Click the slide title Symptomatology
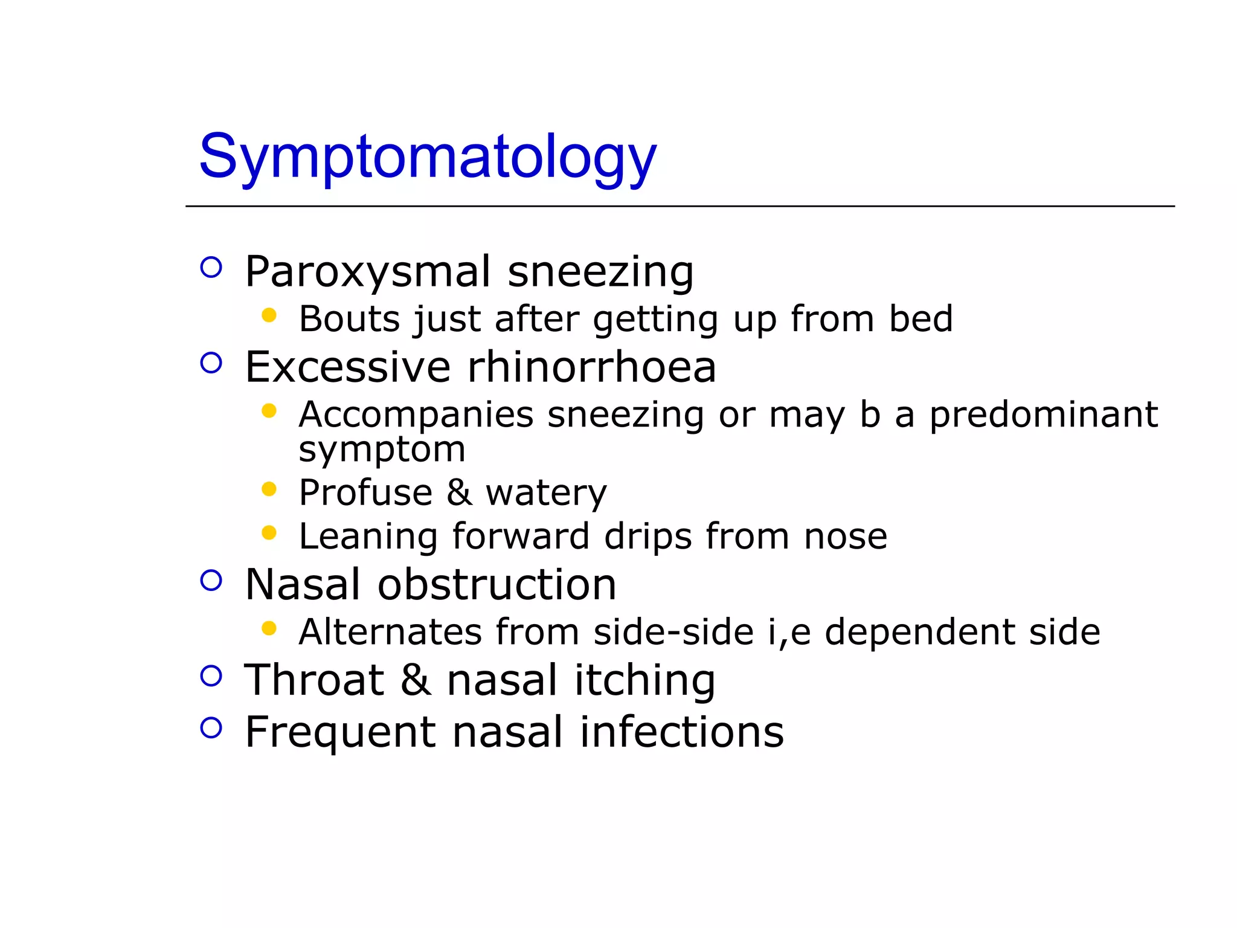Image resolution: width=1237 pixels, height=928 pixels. [428, 157]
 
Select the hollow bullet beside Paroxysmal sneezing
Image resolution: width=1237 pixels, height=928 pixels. [211, 267]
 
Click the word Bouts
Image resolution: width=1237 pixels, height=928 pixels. [349, 319]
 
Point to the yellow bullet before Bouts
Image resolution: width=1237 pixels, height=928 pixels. [269, 315]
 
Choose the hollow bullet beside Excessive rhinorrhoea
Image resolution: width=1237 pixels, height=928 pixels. [211, 363]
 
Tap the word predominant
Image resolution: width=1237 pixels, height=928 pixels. [1043, 416]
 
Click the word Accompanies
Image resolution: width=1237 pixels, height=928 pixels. [416, 416]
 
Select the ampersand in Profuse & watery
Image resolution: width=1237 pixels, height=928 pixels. [459, 492]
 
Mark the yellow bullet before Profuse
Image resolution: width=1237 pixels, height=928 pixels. [269, 488]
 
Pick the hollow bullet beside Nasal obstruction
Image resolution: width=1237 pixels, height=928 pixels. [211, 581]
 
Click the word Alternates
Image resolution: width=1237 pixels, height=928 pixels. [390, 632]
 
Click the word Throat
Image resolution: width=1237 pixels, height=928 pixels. [314, 680]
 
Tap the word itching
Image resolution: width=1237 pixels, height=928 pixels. [644, 680]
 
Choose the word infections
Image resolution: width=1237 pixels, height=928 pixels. [681, 732]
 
